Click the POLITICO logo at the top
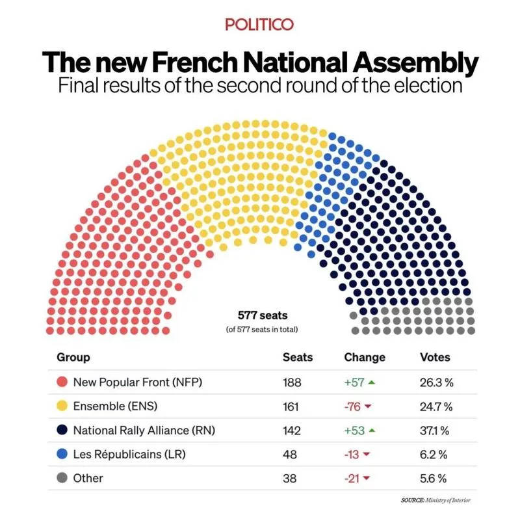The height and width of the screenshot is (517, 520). pyautogui.click(x=259, y=25)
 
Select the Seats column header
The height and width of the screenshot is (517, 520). pyautogui.click(x=298, y=358)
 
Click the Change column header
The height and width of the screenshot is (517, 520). pyautogui.click(x=364, y=358)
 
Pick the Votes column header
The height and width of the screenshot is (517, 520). pyautogui.click(x=435, y=358)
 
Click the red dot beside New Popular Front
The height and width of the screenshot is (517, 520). pyautogui.click(x=62, y=382)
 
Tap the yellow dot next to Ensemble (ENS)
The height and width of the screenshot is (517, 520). pyautogui.click(x=62, y=406)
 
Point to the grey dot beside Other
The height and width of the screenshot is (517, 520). pyautogui.click(x=62, y=478)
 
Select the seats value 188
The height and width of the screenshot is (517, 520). pyautogui.click(x=292, y=382)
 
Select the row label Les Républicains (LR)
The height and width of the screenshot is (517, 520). pyautogui.click(x=129, y=454)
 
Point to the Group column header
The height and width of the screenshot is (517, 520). pyautogui.click(x=73, y=358)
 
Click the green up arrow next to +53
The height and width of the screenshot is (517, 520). pyautogui.click(x=371, y=431)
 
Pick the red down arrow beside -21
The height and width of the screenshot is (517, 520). pyautogui.click(x=367, y=478)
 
